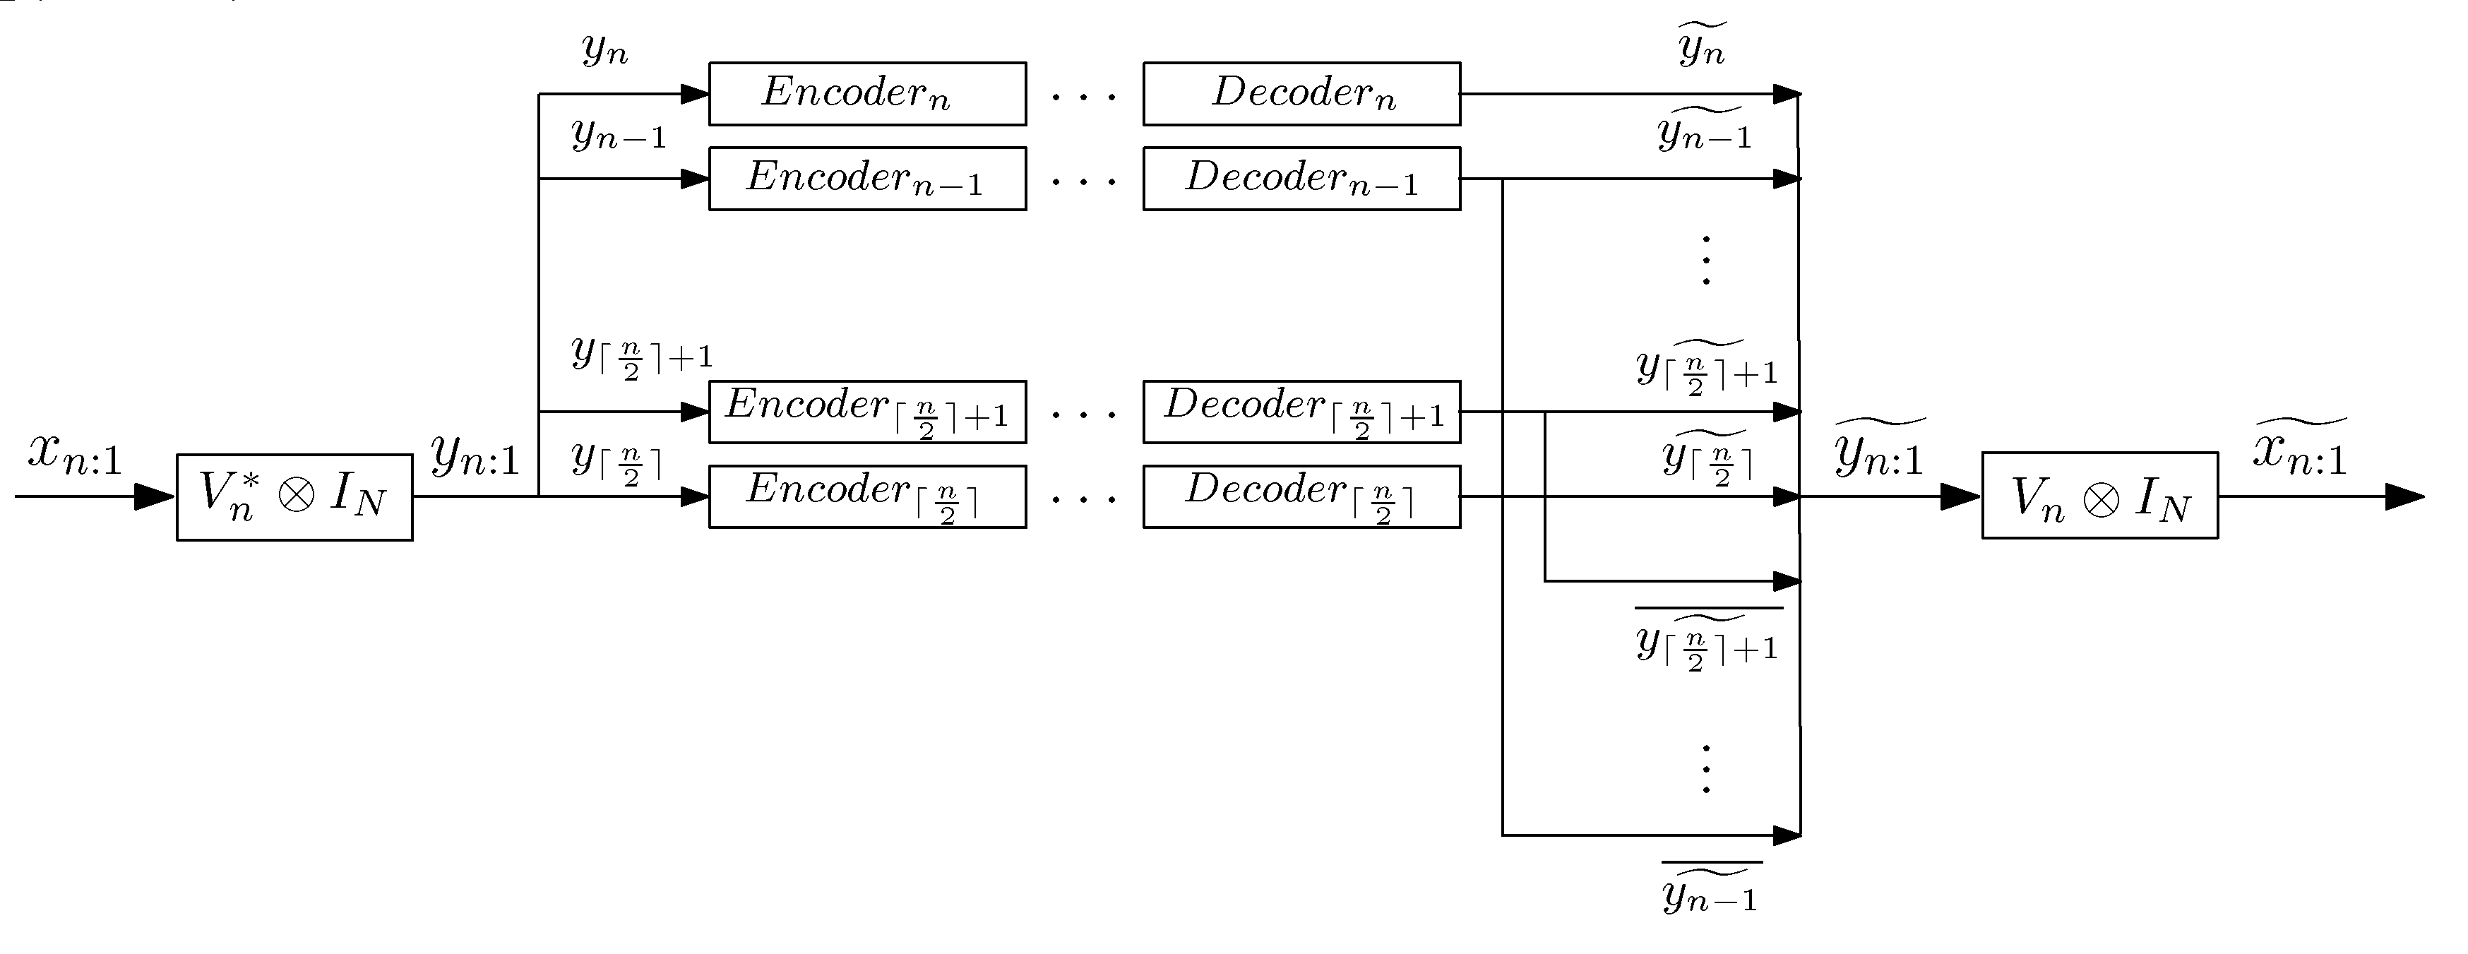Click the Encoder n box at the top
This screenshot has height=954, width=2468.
pyautogui.click(x=867, y=94)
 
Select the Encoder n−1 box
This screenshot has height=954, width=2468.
pyautogui.click(x=867, y=178)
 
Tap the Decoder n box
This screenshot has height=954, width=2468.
pyautogui.click(x=1301, y=94)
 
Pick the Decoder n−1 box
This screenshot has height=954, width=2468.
pyautogui.click(x=1301, y=178)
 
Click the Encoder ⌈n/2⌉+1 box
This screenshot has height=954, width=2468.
pyautogui.click(x=867, y=412)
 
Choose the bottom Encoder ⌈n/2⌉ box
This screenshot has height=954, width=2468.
pyautogui.click(x=867, y=496)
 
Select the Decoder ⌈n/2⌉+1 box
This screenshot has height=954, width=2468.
pyautogui.click(x=1301, y=412)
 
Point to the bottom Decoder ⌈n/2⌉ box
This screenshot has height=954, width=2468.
pyautogui.click(x=1301, y=496)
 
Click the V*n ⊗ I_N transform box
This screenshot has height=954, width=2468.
pyautogui.click(x=294, y=497)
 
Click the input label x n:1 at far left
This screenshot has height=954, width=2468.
pyautogui.click(x=75, y=454)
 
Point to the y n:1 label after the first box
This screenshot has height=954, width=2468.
pyautogui.click(x=475, y=456)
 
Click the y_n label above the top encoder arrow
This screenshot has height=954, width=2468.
pyautogui.click(x=604, y=48)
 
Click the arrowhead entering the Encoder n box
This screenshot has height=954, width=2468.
pyautogui.click(x=695, y=94)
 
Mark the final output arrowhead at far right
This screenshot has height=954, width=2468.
pyautogui.click(x=2404, y=496)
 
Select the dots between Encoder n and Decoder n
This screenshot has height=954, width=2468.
pyautogui.click(x=1083, y=97)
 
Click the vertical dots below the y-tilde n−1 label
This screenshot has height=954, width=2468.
pyautogui.click(x=1705, y=261)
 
